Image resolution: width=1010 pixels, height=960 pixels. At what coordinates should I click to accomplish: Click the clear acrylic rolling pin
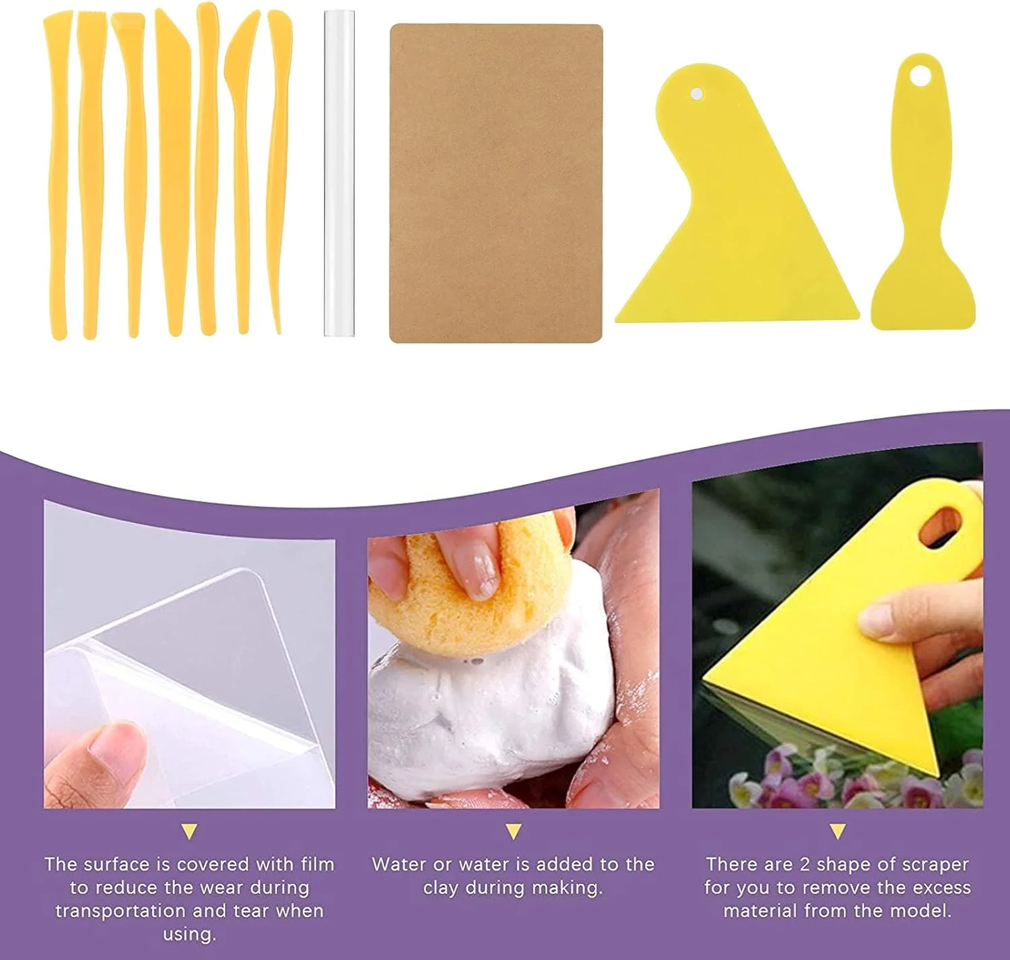click(339, 174)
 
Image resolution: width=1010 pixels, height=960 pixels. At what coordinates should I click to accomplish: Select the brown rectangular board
click(496, 183)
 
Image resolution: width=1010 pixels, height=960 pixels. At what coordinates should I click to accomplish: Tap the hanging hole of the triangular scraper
click(697, 94)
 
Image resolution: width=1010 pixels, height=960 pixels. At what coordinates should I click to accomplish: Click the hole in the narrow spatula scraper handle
click(920, 77)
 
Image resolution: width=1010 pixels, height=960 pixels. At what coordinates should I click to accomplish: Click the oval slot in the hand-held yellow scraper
click(939, 527)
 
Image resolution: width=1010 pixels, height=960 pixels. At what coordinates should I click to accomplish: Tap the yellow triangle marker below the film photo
click(190, 831)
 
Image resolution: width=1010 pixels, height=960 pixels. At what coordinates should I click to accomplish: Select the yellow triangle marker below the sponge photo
click(513, 831)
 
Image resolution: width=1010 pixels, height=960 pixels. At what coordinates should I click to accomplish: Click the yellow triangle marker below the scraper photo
click(838, 831)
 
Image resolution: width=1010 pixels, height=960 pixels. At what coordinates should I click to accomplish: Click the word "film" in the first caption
click(318, 864)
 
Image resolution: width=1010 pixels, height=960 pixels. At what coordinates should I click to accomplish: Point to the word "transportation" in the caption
click(121, 911)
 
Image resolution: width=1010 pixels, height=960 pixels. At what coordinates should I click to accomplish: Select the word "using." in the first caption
click(190, 935)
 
